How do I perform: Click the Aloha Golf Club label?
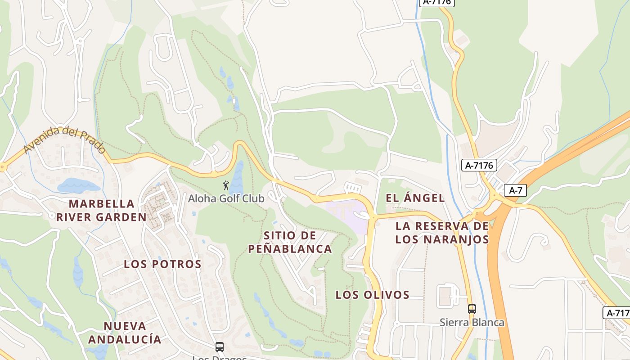(x=226, y=198)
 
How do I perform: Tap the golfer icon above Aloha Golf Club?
(x=226, y=185)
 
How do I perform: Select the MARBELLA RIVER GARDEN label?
(x=101, y=211)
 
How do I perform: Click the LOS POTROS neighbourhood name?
(x=162, y=264)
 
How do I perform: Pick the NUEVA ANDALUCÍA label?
(x=125, y=333)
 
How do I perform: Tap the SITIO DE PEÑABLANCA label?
(x=290, y=242)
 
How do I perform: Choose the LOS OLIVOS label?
(x=372, y=295)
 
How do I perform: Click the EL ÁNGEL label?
(x=415, y=198)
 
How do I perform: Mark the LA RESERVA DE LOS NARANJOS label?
(x=442, y=233)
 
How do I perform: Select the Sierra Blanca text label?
(x=472, y=323)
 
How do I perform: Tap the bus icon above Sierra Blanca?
(x=472, y=309)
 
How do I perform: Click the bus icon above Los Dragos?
(x=220, y=347)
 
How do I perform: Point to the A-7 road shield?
(x=515, y=190)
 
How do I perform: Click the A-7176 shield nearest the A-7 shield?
(x=479, y=166)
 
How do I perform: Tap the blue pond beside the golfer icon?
(x=237, y=178)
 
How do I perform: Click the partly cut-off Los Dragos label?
(x=220, y=358)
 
